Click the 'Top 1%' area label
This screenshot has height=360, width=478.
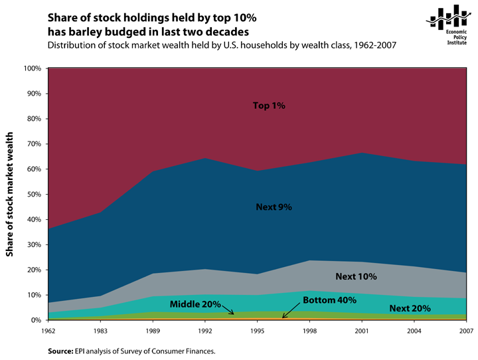tap(269, 106)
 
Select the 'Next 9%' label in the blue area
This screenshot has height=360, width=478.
tap(274, 207)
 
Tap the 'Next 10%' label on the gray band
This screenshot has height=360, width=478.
tap(356, 276)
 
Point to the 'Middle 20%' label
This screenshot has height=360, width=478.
tap(195, 304)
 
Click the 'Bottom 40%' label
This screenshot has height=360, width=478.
tap(329, 300)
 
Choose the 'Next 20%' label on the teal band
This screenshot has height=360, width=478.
tap(410, 308)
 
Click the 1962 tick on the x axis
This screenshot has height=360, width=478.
tap(48, 331)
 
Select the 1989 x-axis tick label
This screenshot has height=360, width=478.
tap(153, 331)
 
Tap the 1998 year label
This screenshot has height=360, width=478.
tap(310, 331)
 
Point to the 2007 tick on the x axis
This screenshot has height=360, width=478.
tap(467, 331)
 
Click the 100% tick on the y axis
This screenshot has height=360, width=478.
tap(33, 68)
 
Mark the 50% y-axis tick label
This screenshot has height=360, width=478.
tap(34, 195)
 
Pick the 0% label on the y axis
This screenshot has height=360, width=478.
tap(36, 320)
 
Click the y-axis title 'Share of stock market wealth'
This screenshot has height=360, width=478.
tap(10, 195)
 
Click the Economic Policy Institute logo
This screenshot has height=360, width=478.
tap(447, 25)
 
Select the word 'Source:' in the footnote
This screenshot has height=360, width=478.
tap(60, 351)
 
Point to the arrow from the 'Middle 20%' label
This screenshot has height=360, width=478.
tap(228, 310)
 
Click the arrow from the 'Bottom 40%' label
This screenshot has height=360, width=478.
tap(291, 310)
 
